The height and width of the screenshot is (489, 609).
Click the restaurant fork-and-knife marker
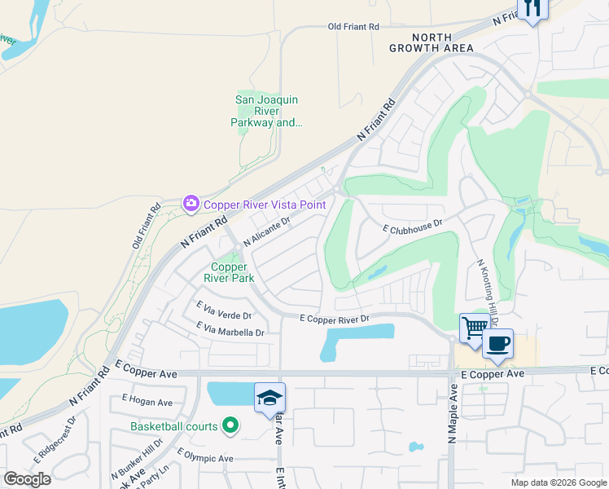point(532,9)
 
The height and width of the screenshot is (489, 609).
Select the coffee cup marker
point(498,343)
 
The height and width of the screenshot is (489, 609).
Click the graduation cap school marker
point(270,398)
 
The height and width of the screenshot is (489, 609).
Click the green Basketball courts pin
point(230,425)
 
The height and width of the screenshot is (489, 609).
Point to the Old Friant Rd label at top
point(353,27)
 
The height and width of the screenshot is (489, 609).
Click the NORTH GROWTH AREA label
point(442,43)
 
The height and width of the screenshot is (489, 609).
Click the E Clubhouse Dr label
point(413,226)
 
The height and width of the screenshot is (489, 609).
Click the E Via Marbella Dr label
point(230,329)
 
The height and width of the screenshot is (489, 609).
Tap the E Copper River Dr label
point(335,318)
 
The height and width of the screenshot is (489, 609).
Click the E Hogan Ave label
point(147,402)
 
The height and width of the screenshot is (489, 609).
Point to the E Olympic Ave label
point(204,458)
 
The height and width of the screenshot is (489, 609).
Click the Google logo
point(27,479)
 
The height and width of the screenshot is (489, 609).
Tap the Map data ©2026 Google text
point(558,482)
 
